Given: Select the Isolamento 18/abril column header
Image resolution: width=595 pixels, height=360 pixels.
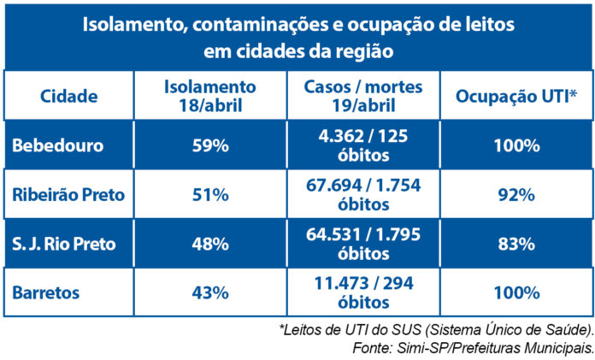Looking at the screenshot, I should (209, 96).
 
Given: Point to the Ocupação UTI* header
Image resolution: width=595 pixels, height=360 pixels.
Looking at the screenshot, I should (515, 96).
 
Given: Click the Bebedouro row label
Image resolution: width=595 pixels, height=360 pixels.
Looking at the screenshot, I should (57, 145).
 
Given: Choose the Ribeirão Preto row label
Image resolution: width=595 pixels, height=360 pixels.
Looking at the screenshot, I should (68, 195).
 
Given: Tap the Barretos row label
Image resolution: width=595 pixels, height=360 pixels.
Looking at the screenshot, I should (46, 292).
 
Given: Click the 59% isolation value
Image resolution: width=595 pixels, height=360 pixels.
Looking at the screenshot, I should (209, 145).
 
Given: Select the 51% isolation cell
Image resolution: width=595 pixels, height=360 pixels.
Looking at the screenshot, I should (209, 195).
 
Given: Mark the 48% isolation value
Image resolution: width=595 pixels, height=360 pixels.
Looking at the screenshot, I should (209, 244).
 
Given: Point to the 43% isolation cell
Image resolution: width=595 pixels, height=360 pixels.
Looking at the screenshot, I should (209, 292).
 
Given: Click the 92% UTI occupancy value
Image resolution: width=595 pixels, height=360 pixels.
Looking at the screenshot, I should (515, 195).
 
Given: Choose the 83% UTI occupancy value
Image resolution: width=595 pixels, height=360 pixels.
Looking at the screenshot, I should (515, 244).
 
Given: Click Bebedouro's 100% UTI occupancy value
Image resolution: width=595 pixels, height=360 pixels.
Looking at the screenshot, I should (515, 145).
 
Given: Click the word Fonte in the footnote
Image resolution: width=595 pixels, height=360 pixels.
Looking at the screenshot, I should (369, 348).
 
